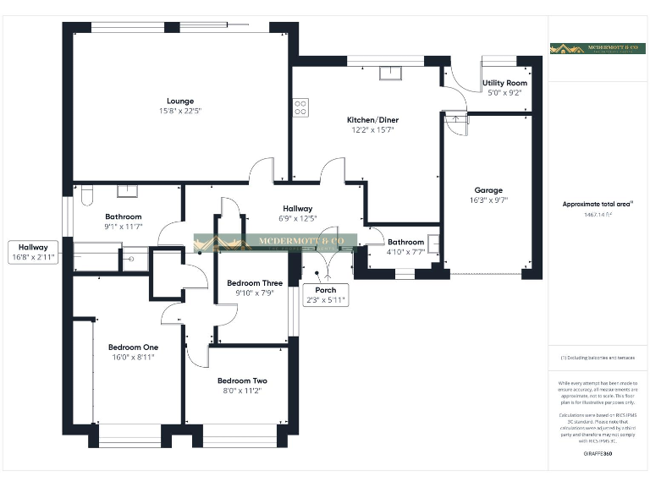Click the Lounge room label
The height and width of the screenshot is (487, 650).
[179, 101]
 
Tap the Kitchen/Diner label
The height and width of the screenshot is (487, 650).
[372, 120]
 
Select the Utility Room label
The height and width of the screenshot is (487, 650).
[504, 83]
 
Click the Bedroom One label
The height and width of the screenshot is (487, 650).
[133, 347]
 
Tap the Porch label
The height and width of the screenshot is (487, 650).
[326, 290]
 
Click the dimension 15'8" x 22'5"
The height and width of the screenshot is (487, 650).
[179, 111]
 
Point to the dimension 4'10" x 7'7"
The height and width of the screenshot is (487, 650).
[405, 252]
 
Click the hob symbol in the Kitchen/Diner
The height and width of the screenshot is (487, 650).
[300, 107]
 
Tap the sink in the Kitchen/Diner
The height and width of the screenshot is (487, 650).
[391, 72]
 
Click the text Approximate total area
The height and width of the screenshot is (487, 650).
[595, 204]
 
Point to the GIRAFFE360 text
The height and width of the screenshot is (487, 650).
[598, 454]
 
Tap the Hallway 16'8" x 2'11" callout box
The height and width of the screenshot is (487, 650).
[34, 252]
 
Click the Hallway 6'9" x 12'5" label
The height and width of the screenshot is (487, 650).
[298, 213]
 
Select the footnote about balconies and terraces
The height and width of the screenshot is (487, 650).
[598, 358]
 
